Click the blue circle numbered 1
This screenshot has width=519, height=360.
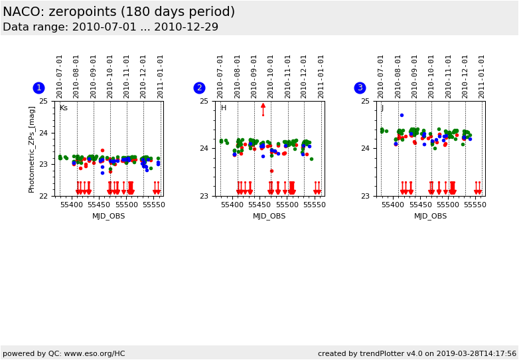[x=38, y=88]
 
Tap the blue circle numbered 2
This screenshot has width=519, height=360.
[x=199, y=88]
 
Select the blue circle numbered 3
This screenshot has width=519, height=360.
[x=360, y=88]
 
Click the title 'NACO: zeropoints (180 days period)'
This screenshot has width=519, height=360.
[x=119, y=12]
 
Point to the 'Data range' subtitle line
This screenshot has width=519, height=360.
[x=110, y=27]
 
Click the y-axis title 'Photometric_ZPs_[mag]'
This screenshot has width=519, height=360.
[x=31, y=149]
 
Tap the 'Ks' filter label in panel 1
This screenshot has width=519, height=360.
[x=64, y=108]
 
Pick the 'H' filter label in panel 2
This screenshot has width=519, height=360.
[x=224, y=108]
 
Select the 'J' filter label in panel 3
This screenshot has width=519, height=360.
[x=382, y=108]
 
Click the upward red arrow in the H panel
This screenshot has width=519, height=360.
[x=263, y=106]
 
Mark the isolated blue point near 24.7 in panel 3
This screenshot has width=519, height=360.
[x=402, y=115]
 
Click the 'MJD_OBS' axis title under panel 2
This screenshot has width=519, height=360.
[x=269, y=216]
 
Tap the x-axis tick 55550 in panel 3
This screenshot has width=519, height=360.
[x=475, y=205]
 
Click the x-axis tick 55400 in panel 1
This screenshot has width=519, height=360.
[x=72, y=205]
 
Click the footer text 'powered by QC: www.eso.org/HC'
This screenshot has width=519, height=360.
[x=64, y=353]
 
